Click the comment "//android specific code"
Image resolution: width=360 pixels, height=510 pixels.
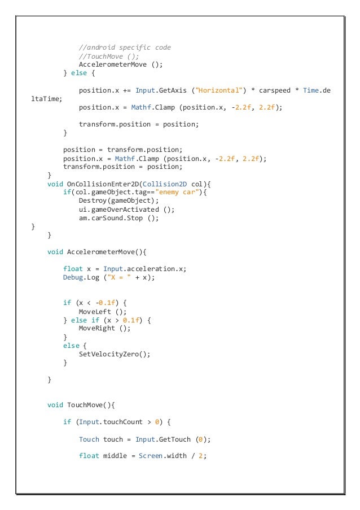(124, 47)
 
